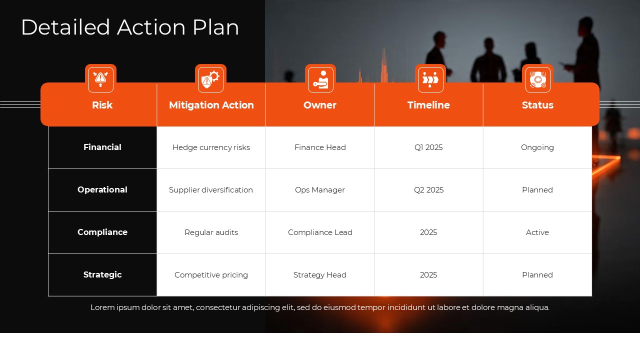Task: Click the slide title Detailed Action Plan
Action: [130, 27]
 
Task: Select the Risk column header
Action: [102, 105]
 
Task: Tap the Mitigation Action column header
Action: [211, 105]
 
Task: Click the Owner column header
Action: [320, 105]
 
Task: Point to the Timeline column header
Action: [428, 105]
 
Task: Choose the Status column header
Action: [537, 105]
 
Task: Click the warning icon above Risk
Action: [100, 79]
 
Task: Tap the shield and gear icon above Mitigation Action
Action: [210, 79]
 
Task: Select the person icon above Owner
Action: [320, 79]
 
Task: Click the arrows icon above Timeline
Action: [430, 79]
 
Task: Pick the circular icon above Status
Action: [538, 79]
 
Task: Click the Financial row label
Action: [102, 147]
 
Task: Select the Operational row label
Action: [102, 190]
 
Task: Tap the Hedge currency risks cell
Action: [211, 147]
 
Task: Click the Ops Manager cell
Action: [320, 190]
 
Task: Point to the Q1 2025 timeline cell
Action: [428, 147]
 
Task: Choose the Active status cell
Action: [537, 232]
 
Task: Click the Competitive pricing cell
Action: [211, 275]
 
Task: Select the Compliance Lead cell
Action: [320, 232]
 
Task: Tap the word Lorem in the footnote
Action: [101, 307]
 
